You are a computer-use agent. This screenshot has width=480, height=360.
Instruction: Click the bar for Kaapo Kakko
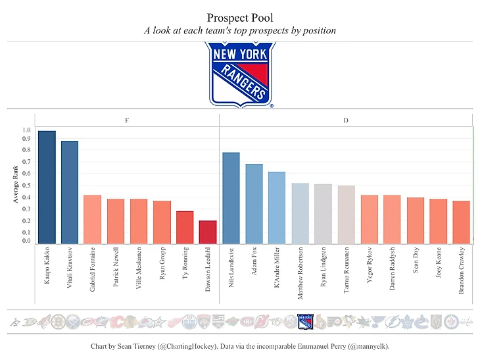click(x=47, y=187)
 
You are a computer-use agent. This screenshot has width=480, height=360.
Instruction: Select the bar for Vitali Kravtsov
click(x=70, y=192)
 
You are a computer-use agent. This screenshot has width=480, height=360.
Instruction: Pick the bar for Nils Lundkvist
click(x=231, y=198)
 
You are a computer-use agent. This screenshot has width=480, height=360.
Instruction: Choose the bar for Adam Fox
click(x=254, y=203)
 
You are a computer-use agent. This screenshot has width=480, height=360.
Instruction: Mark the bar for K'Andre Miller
click(x=277, y=207)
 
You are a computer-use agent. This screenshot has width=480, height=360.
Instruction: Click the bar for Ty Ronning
click(x=185, y=227)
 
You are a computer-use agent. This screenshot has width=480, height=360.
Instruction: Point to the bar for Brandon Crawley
click(x=461, y=222)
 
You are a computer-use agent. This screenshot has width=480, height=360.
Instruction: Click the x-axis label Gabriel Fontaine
click(x=93, y=270)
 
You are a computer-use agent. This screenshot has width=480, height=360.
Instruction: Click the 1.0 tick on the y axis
click(x=26, y=130)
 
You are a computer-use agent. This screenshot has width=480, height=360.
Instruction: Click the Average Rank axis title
click(x=16, y=185)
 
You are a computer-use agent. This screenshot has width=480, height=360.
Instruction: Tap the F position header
click(x=127, y=120)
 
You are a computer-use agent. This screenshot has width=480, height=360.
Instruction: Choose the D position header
click(x=346, y=120)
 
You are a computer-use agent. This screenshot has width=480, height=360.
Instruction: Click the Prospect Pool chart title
click(x=239, y=17)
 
